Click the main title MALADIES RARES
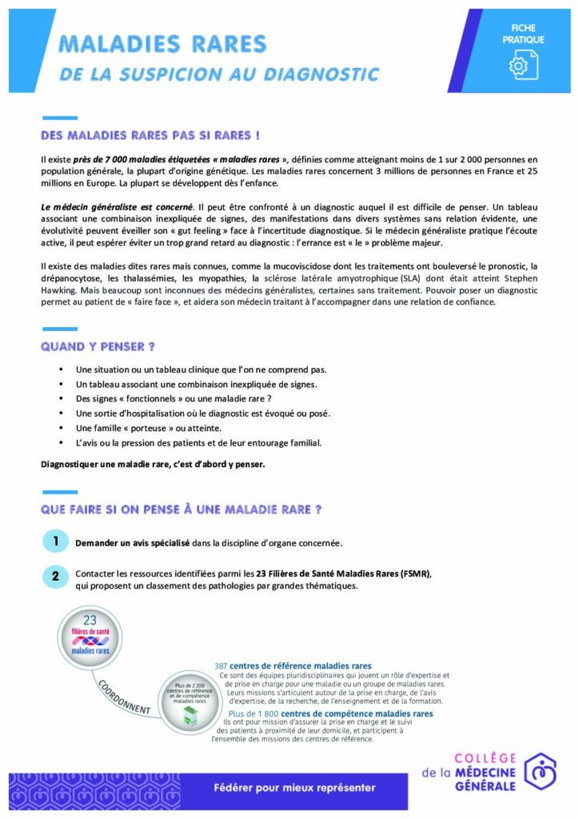click(x=163, y=43)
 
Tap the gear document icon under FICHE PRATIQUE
click(x=523, y=65)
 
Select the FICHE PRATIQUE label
click(x=523, y=34)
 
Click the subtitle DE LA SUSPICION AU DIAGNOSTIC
click(x=219, y=74)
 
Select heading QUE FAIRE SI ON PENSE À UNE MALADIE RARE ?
click(x=182, y=509)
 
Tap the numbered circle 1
click(x=54, y=541)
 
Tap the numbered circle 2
click(x=54, y=575)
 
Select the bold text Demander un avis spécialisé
click(x=132, y=543)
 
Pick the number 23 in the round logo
click(x=90, y=620)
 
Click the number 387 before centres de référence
click(x=224, y=665)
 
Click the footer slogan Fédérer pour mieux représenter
click(x=284, y=787)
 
